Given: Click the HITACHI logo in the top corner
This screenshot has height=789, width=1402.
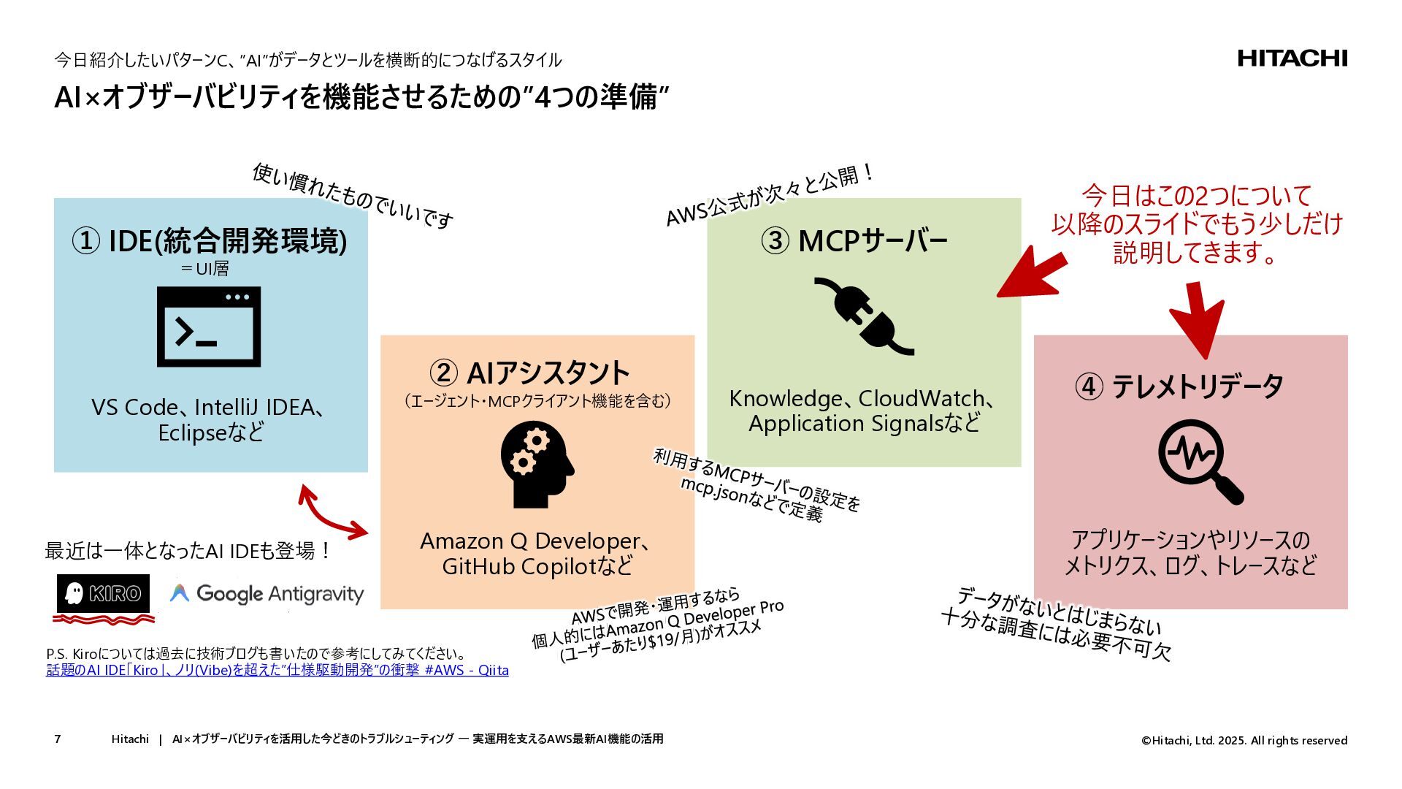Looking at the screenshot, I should [x=1292, y=58].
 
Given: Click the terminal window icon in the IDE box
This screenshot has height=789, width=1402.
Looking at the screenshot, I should [x=209, y=327].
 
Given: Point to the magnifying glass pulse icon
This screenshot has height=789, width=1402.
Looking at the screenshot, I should [x=1200, y=461].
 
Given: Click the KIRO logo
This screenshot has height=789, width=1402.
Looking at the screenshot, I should [x=103, y=593].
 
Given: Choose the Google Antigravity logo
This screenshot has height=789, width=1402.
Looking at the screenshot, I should [x=267, y=594].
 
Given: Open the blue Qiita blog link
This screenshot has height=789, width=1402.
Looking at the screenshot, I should [x=277, y=670].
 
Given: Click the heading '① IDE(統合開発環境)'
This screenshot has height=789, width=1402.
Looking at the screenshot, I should [x=209, y=240].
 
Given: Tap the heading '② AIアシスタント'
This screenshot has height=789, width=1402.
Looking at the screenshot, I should [x=529, y=373].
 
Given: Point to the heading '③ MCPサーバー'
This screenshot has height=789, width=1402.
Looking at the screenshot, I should [x=854, y=240].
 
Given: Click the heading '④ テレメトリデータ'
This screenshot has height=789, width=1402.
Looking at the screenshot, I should [x=1179, y=386].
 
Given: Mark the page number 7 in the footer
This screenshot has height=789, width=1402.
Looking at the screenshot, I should [x=58, y=739].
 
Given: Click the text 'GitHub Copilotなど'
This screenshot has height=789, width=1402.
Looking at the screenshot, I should [x=537, y=566].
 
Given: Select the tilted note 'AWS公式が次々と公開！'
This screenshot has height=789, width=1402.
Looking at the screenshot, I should [x=770, y=194].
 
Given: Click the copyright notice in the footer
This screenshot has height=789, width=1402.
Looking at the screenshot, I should [x=1244, y=740].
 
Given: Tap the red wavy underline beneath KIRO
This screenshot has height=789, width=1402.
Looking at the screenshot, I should [x=103, y=620].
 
